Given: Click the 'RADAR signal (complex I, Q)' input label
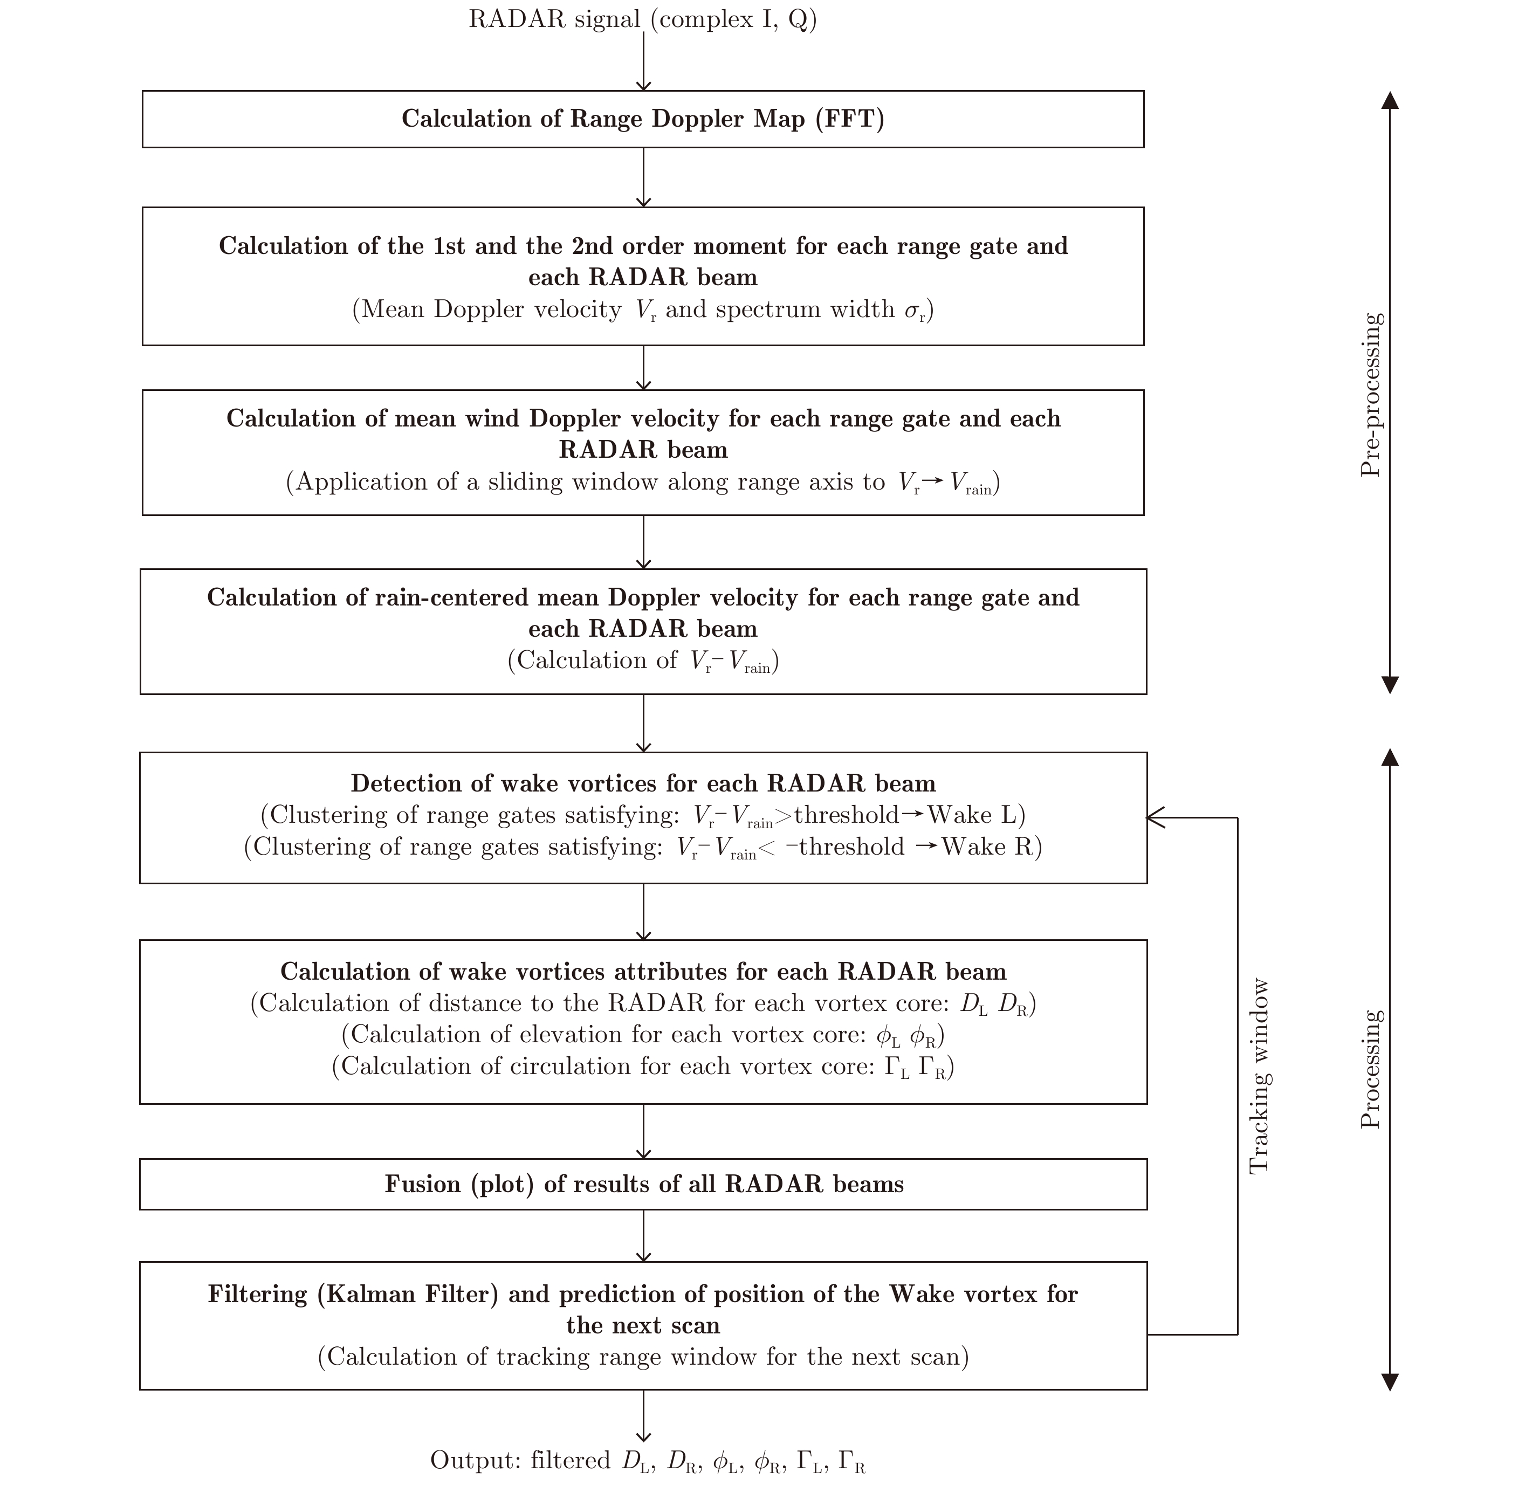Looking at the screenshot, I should (x=642, y=19).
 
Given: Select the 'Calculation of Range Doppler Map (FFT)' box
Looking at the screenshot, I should (x=642, y=119).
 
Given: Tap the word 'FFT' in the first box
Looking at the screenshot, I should (x=850, y=119).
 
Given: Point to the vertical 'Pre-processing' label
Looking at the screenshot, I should (x=1370, y=395).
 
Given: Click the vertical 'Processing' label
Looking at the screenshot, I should (x=1370, y=1069).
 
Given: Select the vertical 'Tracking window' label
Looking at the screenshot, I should (x=1259, y=1076).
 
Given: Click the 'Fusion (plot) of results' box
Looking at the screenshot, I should (x=642, y=1185).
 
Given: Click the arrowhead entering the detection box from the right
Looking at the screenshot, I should (x=1154, y=818).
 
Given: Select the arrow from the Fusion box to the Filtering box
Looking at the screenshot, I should (x=643, y=1236).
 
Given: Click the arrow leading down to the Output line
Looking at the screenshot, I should (x=643, y=1417).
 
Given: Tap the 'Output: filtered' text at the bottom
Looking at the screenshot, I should (x=520, y=1461).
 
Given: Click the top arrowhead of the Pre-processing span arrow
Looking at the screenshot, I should (x=1390, y=100).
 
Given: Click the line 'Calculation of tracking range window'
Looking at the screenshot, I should (x=642, y=1357).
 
